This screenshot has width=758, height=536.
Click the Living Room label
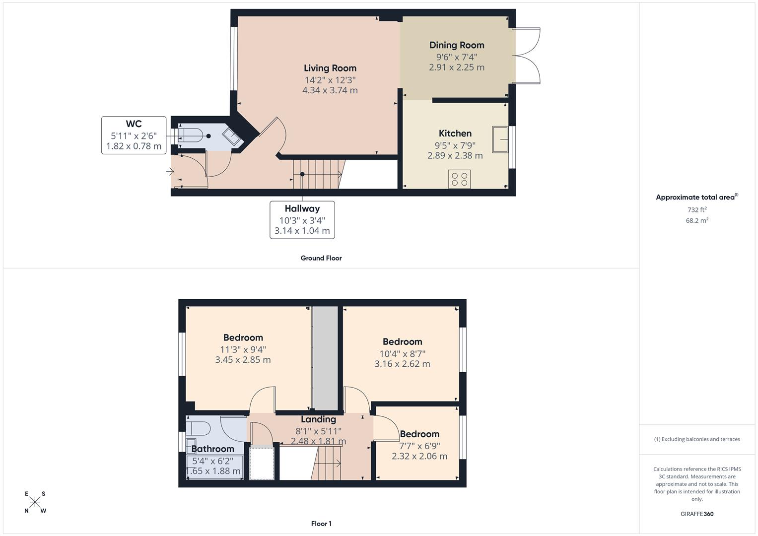point(330,68)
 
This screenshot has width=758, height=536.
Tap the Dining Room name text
point(457,45)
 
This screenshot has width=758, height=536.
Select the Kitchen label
point(455,133)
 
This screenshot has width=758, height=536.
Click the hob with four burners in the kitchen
point(460,179)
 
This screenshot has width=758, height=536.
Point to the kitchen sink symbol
point(500,139)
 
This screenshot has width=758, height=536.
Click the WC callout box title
point(134,124)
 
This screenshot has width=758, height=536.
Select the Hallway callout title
point(302,209)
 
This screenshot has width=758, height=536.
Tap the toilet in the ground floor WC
point(191,135)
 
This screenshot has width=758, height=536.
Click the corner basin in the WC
point(231,136)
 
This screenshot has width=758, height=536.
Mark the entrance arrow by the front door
point(170,172)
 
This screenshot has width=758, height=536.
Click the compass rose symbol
point(35,502)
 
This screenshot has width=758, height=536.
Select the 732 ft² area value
point(697,209)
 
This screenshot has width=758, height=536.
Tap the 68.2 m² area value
point(697,220)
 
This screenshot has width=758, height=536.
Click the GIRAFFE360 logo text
point(697,514)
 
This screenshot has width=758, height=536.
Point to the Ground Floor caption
point(321,258)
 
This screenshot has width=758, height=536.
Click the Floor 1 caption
point(321,524)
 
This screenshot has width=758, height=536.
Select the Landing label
point(318,419)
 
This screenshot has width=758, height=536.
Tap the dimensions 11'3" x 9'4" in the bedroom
point(243,349)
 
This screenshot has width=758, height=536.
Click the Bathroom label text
point(212,449)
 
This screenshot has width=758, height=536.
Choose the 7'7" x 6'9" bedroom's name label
point(419,434)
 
